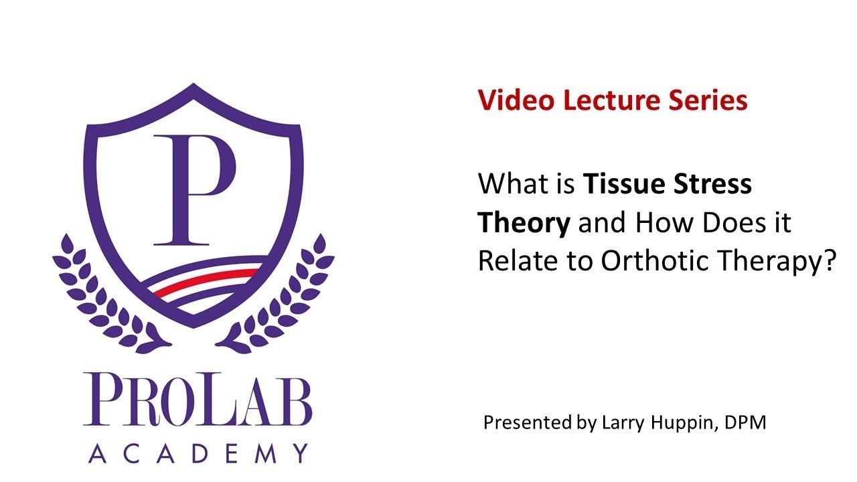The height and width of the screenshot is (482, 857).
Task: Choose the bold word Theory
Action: click(524, 223)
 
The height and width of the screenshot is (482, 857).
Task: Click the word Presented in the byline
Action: click(526, 423)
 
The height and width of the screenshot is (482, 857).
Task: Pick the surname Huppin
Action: click(677, 423)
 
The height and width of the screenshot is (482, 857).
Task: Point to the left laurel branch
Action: click(100, 295)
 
